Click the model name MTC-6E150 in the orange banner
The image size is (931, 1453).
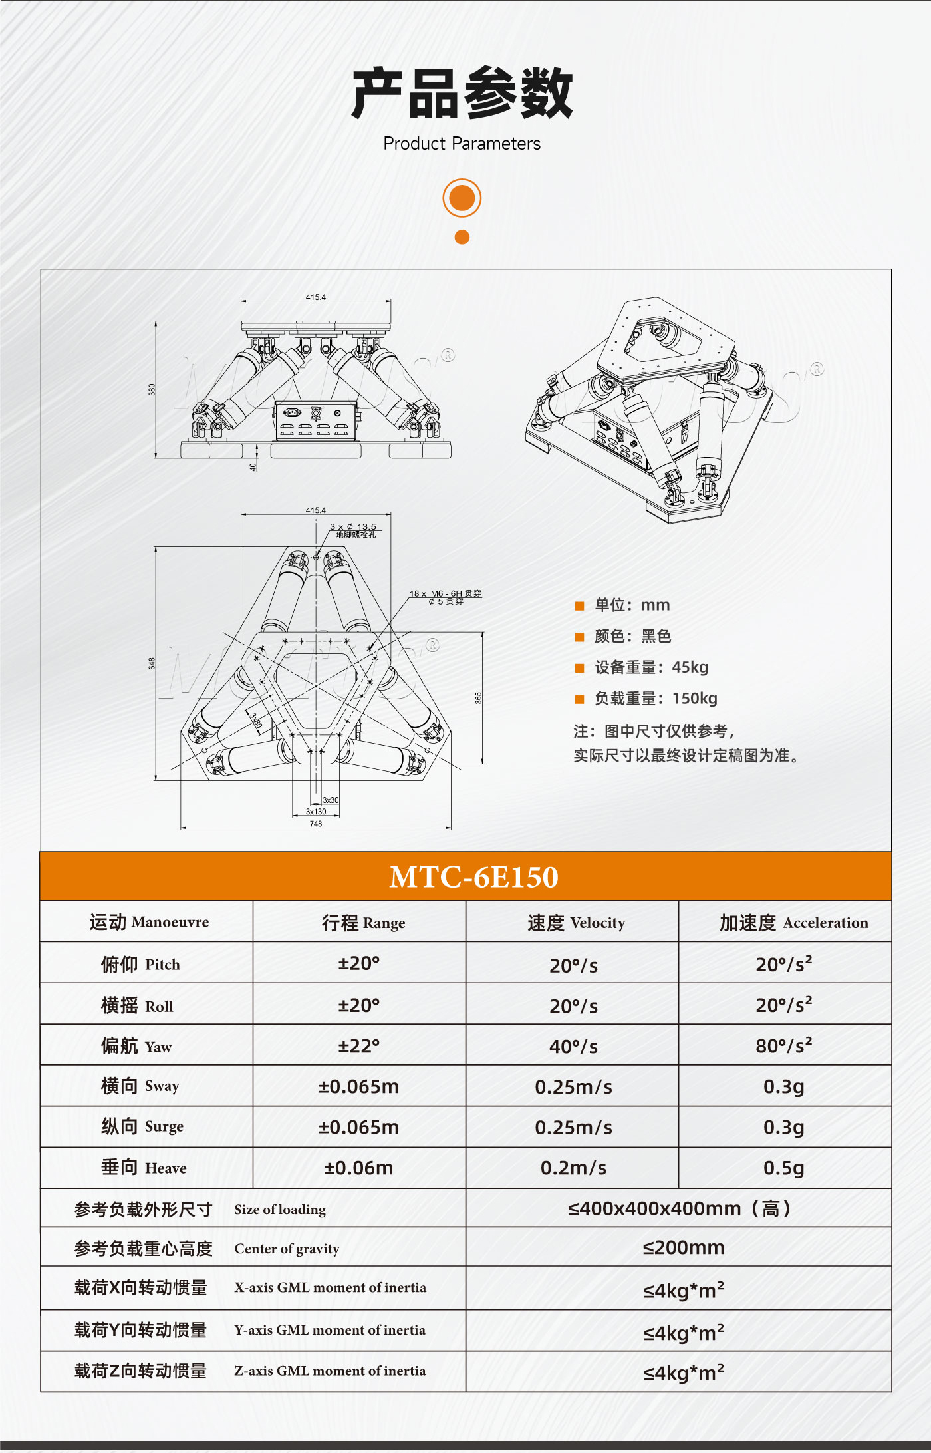[473, 877]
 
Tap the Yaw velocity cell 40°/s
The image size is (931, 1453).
[573, 1047]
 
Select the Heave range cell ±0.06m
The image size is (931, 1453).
[358, 1168]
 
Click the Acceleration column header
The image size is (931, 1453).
[793, 923]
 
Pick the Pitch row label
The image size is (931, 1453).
[140, 964]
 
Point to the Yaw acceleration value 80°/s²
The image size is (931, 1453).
[783, 1045]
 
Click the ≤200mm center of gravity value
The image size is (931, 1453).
[683, 1247]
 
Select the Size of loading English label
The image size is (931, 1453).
[280, 1210]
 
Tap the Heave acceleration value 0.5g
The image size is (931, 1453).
[783, 1168]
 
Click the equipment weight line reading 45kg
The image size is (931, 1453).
[650, 667]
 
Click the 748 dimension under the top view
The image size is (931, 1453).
[315, 824]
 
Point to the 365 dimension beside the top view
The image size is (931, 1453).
[478, 697]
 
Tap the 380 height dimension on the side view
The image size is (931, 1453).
[152, 389]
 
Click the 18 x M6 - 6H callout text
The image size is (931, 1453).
[445, 594]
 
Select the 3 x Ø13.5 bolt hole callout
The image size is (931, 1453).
[353, 527]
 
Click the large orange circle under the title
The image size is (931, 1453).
[462, 198]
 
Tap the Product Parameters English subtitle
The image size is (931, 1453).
[462, 144]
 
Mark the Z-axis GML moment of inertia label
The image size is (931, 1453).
[330, 1371]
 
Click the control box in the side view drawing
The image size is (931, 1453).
[316, 420]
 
